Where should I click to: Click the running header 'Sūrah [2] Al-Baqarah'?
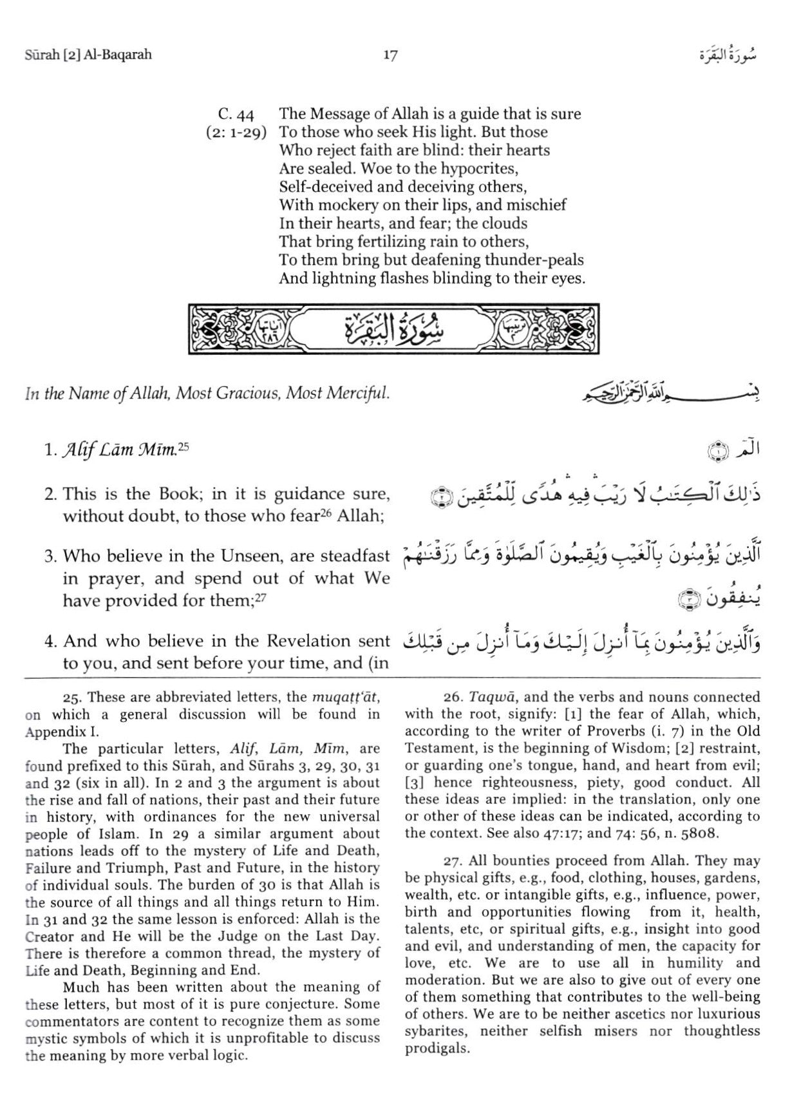(x=88, y=55)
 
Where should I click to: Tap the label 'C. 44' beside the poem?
(x=236, y=115)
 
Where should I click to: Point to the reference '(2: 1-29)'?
(x=236, y=133)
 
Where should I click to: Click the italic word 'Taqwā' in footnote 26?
(x=486, y=698)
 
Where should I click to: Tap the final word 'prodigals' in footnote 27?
(x=433, y=1049)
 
